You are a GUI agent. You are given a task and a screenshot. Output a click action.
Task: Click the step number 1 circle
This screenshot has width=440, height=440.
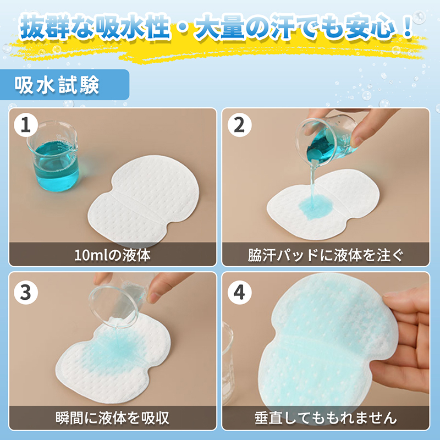[25, 126]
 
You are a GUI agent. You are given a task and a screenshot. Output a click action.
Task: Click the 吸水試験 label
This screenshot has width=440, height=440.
[58, 85]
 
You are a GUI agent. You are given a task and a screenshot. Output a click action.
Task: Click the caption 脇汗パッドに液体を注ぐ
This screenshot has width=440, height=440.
[326, 255]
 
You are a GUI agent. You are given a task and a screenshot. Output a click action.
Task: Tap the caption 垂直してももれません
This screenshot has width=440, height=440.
[326, 417]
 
